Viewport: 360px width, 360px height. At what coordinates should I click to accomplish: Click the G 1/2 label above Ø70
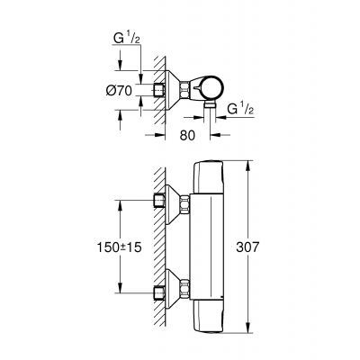pyautogui.click(x=127, y=40)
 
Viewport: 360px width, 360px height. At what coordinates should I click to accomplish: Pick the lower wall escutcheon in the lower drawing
pyautogui.click(x=171, y=291)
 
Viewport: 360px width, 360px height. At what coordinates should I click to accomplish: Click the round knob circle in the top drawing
pyautogui.click(x=213, y=88)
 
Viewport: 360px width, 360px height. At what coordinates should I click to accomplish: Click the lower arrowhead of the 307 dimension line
pyautogui.click(x=246, y=328)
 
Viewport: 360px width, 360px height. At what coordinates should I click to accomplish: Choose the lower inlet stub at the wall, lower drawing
pyautogui.click(x=159, y=291)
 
